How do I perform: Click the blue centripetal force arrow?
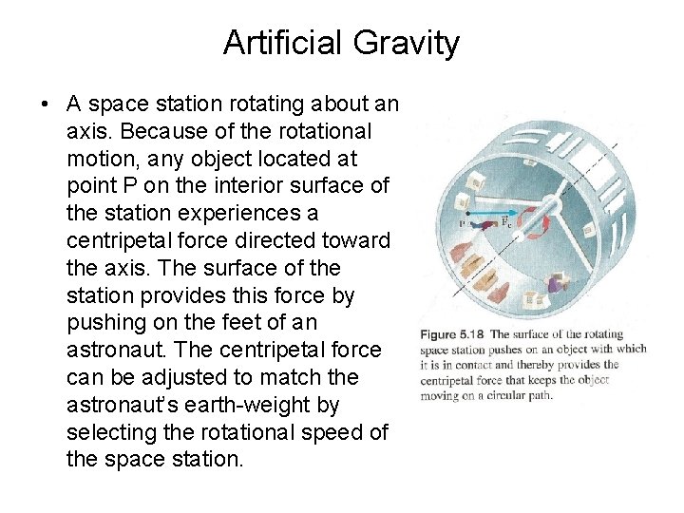tap(494, 213)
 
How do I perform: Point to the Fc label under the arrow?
tap(509, 223)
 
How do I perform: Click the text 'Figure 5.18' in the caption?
tap(450, 334)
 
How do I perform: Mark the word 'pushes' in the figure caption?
tap(514, 349)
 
